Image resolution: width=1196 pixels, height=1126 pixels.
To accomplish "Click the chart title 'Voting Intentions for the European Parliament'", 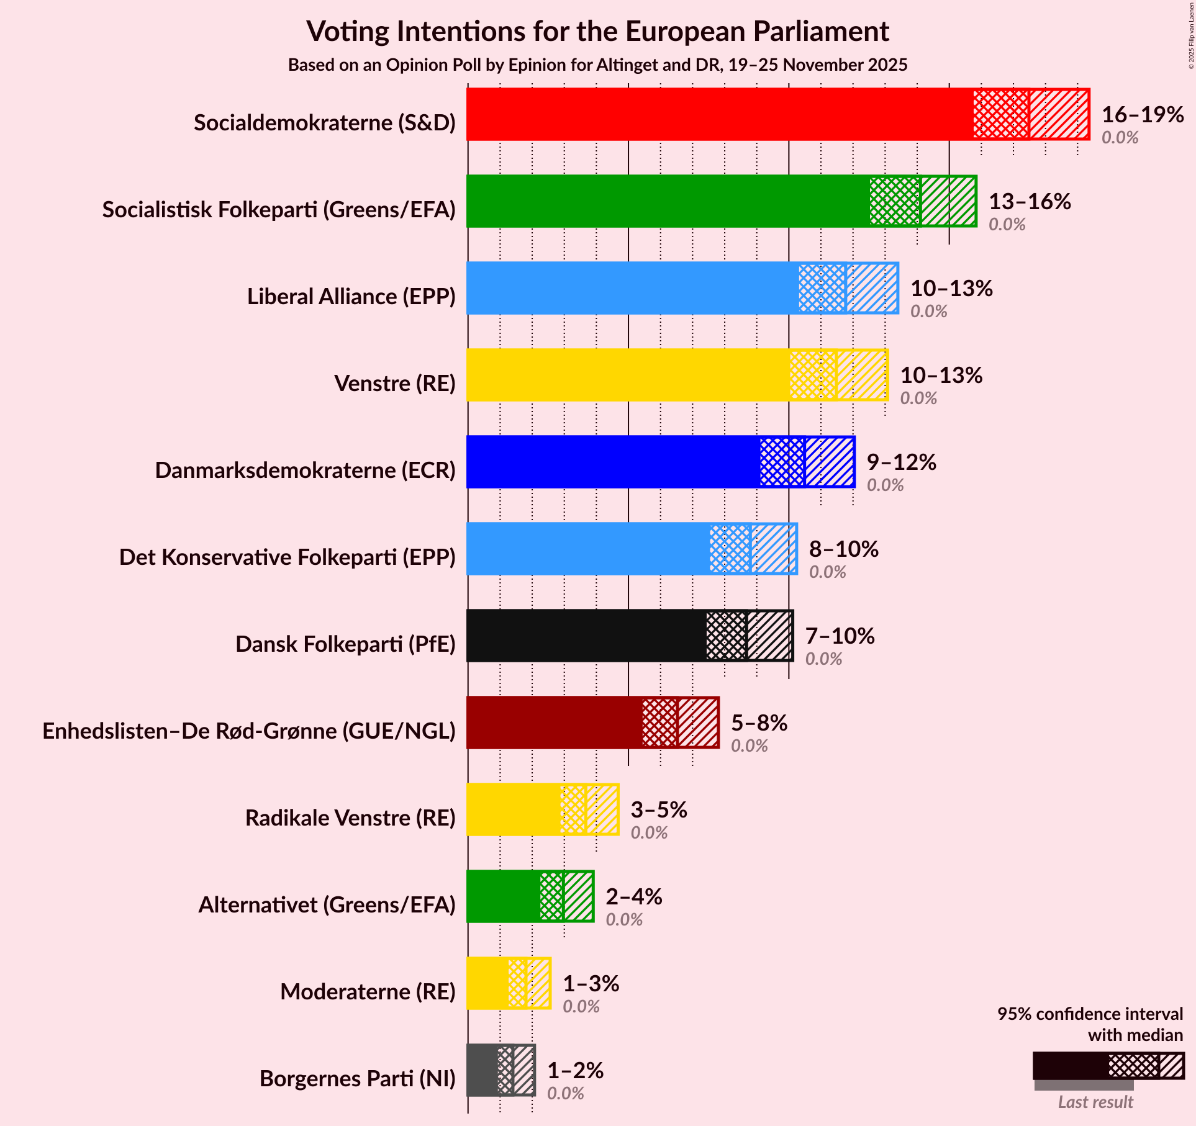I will (597, 31).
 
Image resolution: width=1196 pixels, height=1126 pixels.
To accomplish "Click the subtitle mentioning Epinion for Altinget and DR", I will (597, 65).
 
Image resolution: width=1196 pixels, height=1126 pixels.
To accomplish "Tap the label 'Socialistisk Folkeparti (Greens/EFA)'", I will (279, 210).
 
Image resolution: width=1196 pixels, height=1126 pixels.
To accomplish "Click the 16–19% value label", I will (1142, 114).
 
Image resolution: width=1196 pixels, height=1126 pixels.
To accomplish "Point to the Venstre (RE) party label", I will (395, 384).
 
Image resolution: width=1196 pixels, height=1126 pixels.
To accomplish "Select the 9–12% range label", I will (901, 462).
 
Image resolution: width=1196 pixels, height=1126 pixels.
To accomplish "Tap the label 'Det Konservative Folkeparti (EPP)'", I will (287, 557).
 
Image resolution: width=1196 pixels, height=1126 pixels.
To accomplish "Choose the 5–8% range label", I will (759, 723).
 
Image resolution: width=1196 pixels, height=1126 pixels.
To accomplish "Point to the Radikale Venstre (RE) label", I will (350, 818).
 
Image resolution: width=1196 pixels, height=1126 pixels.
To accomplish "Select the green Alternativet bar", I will (503, 896).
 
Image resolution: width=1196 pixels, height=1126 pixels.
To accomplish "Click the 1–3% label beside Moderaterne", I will (591, 983).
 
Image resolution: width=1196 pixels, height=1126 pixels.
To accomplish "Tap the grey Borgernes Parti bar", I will (482, 1070).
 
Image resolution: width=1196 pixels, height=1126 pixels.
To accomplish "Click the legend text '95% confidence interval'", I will (1090, 1014).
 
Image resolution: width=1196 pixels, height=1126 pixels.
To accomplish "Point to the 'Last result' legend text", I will (1095, 1102).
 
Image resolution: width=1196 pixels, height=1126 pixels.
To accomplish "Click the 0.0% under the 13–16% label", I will (1007, 225).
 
